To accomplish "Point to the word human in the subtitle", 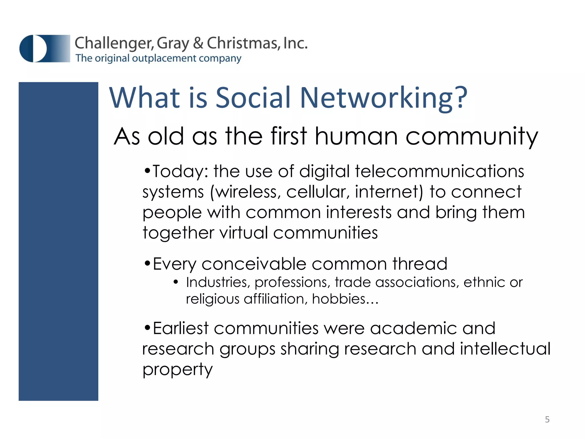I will pyautogui.click(x=356, y=136).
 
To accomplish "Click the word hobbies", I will pyautogui.click(x=339, y=299).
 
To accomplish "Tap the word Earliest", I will pyautogui.click(x=181, y=328).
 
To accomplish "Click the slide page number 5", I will pyautogui.click(x=547, y=419).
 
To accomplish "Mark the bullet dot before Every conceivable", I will pyautogui.click(x=147, y=263).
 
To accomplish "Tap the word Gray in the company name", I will pyautogui.click(x=173, y=44).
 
